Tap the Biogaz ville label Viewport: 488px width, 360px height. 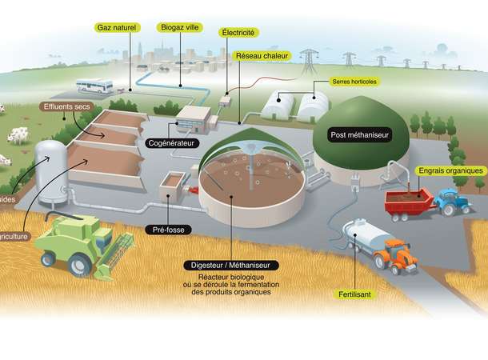pos(180,27)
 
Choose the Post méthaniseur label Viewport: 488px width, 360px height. pos(360,135)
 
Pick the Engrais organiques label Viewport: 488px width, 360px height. pos(450,170)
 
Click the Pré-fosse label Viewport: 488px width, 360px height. pos(170,230)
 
